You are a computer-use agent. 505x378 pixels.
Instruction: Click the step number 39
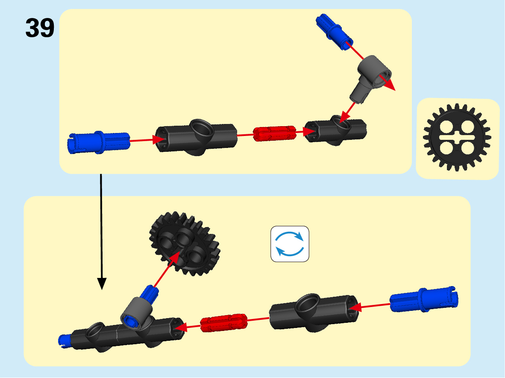[x=40, y=28]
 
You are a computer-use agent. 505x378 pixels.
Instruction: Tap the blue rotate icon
[x=290, y=244]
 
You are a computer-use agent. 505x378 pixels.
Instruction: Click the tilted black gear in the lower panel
[x=185, y=242]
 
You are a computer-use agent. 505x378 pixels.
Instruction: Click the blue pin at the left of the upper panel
[x=99, y=142]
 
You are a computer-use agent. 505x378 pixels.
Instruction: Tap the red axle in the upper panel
[x=274, y=133]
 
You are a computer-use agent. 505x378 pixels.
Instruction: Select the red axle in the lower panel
[x=224, y=323]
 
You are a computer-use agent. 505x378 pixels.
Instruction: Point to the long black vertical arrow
[x=101, y=231]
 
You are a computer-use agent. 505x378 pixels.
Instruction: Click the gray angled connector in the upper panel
[x=370, y=77]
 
